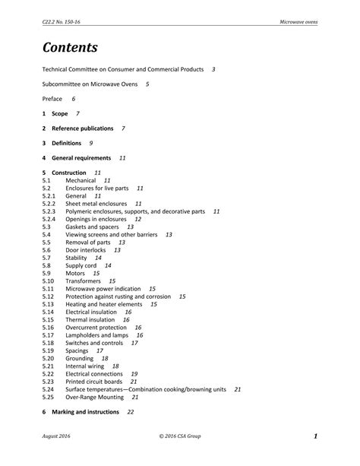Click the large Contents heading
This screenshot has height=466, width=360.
70,47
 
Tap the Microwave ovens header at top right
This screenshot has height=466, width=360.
298,22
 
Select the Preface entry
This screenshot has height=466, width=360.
52,99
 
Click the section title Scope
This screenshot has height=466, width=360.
60,113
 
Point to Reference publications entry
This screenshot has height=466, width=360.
83,128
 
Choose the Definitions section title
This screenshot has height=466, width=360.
68,143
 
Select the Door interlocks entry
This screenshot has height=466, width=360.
86,249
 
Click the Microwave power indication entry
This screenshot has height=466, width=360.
104,289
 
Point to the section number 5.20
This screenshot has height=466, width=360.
49,358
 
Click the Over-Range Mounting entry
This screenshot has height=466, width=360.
94,397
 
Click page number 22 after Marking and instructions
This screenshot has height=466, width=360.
131,412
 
